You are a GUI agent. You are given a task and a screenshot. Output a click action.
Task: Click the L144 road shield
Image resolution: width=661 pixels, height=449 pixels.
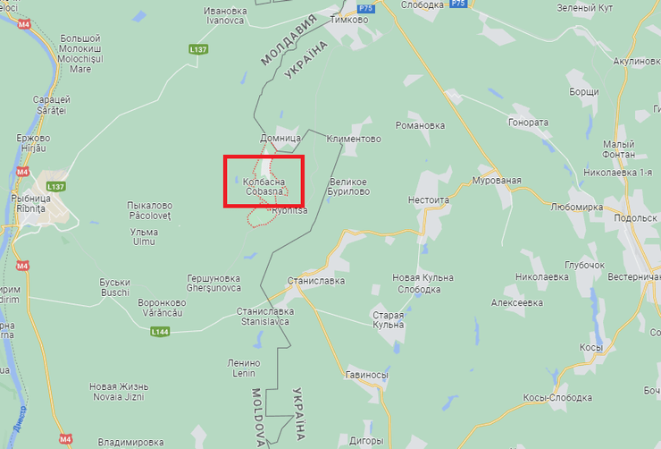[160, 332]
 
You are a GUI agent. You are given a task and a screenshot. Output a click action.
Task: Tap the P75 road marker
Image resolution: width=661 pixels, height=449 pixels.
[457, 4]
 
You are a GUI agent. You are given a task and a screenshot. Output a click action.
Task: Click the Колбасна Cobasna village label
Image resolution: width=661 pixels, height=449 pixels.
[264, 186]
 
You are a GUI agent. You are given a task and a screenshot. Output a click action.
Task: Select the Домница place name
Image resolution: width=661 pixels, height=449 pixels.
[280, 140]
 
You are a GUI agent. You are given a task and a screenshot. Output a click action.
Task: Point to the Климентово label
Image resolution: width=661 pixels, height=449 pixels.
[354, 140]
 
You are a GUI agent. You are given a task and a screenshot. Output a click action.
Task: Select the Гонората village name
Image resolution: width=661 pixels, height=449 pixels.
[528, 123]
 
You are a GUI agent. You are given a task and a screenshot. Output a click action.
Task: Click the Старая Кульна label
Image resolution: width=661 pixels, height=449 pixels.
[389, 319]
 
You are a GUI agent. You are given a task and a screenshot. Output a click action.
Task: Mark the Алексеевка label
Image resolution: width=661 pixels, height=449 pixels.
[516, 303]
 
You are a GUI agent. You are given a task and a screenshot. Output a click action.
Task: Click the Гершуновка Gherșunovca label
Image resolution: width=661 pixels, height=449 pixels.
[214, 283]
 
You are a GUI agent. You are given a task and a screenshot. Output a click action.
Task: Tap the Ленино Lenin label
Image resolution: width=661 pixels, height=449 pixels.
[244, 368]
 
